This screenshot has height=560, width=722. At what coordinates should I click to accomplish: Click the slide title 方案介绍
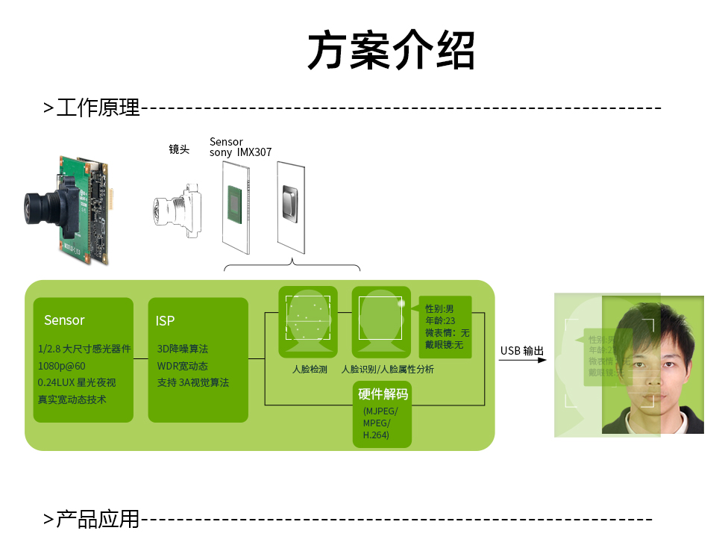point(391,52)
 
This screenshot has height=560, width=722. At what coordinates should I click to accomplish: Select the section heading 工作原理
point(98,108)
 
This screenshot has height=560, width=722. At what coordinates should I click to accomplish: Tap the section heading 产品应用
point(98,519)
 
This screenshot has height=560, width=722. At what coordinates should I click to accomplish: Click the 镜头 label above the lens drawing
point(179,149)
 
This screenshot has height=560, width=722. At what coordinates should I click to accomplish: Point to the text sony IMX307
point(240,152)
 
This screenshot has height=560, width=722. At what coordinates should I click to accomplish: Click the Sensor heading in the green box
point(64,320)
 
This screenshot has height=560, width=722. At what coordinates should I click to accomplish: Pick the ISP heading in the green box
point(165,320)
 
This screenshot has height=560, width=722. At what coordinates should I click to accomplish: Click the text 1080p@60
point(62,366)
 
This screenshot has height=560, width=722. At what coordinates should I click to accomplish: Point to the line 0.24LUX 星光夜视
point(77,382)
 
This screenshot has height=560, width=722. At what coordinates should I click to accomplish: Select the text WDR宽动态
point(183,366)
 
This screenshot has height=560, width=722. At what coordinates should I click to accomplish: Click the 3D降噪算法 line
point(183,349)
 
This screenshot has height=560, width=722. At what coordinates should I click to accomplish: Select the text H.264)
point(376,435)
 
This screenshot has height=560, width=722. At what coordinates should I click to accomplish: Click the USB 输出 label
point(522,351)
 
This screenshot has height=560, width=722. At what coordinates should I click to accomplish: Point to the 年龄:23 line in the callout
point(440,320)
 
